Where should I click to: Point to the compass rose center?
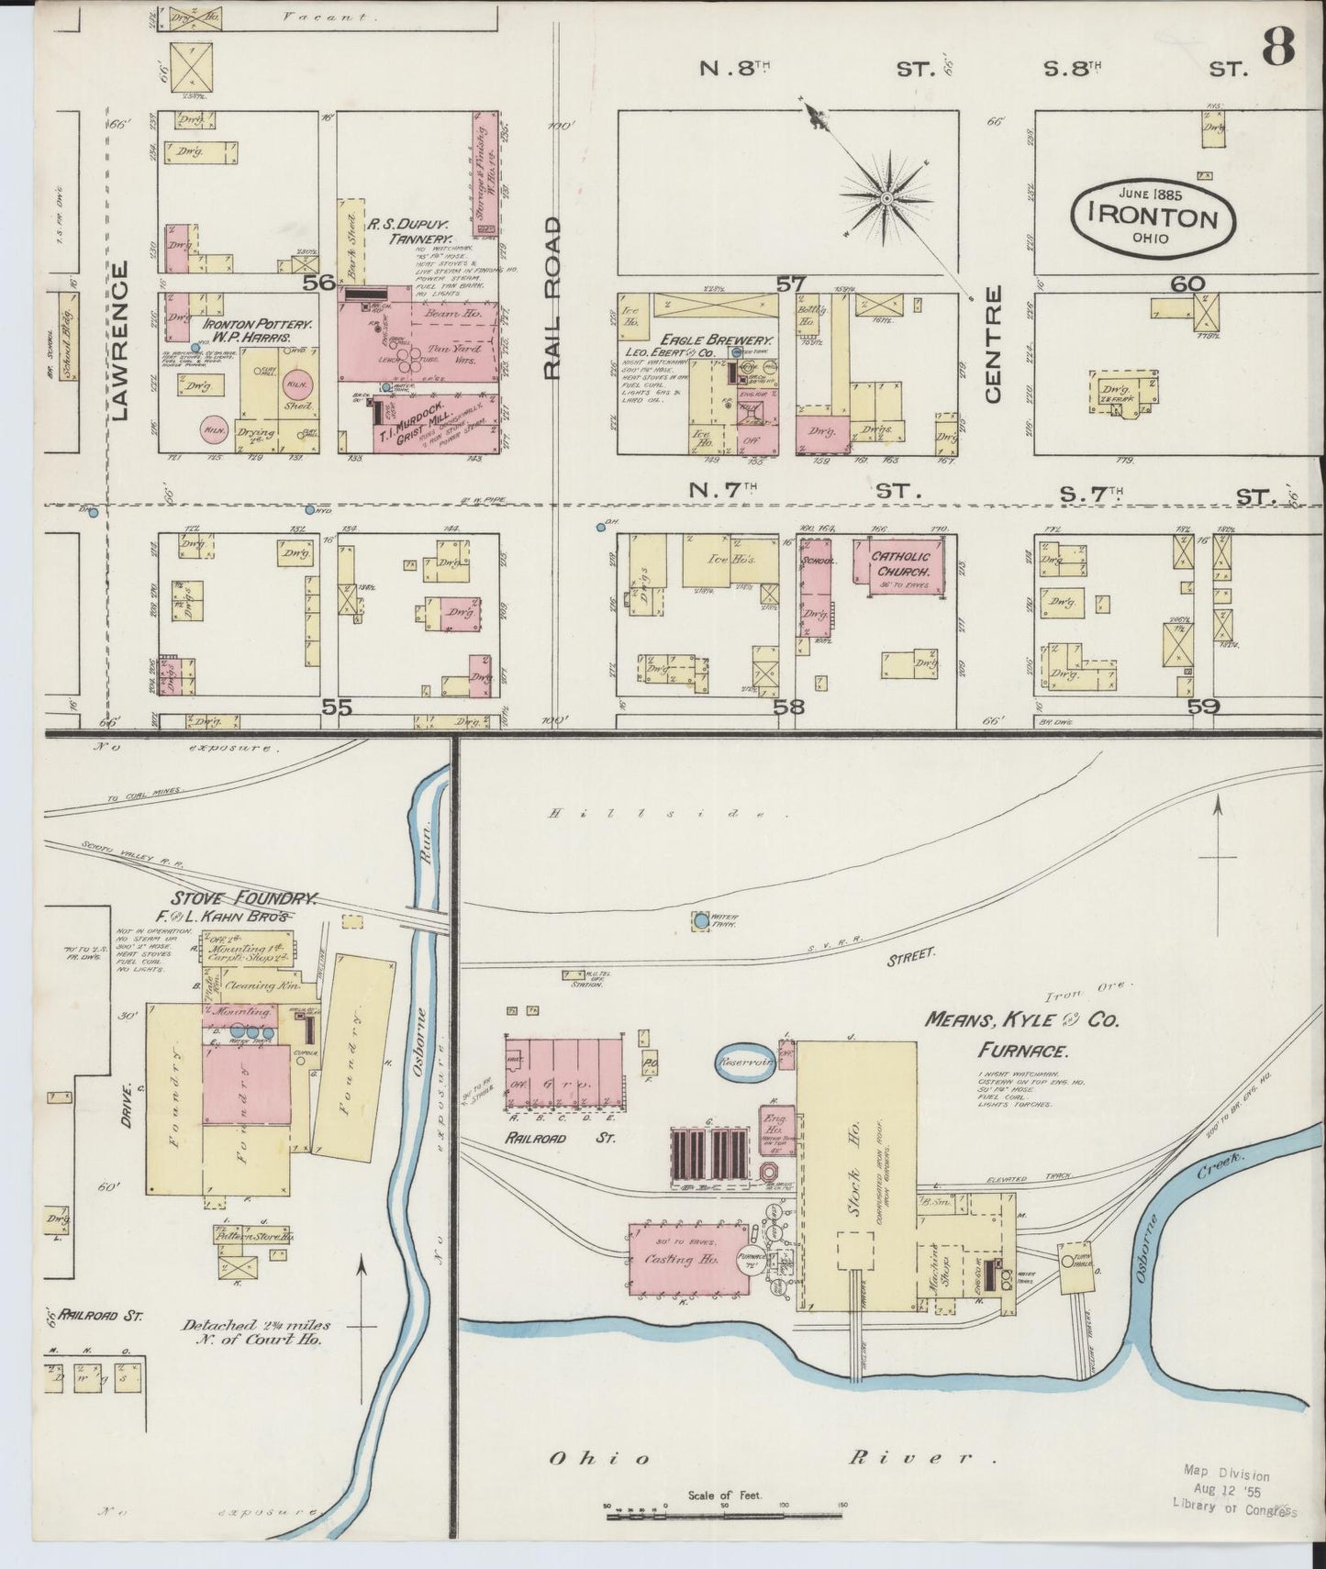point(887,198)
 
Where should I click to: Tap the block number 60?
point(1187,284)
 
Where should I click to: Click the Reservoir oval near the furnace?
point(745,1063)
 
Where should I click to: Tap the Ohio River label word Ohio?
point(600,1458)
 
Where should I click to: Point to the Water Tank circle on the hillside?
point(701,919)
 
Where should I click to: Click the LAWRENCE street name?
point(126,339)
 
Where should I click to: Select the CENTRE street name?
point(993,344)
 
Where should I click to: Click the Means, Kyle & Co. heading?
point(1021,1019)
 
